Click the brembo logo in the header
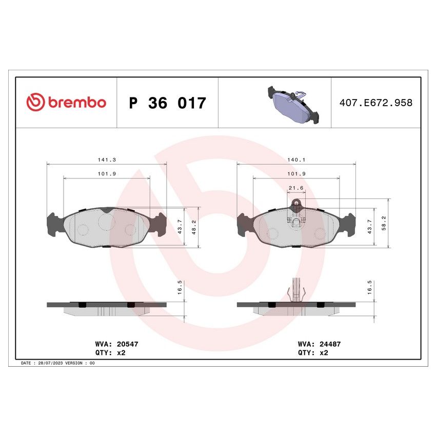coord(66,102)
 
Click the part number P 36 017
coord(167,103)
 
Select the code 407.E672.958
coord(376,103)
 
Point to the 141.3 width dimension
coord(106,160)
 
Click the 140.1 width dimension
coord(296,160)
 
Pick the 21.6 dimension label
coord(296,188)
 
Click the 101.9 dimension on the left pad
coord(106,174)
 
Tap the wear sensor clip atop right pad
coord(296,204)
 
